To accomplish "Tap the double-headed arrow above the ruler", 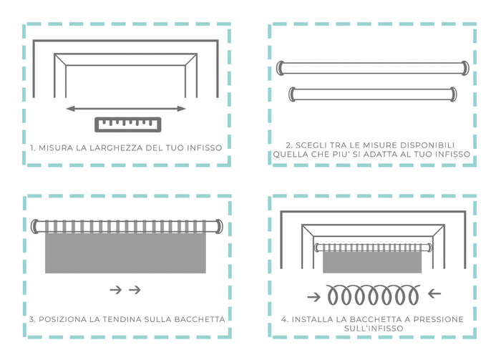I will coord(125,109).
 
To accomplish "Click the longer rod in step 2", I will coord(372,68).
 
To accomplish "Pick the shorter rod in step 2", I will coord(372,93).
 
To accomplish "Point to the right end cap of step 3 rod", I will coord(218,227).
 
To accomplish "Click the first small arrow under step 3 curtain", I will coord(115,290).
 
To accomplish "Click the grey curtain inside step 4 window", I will coord(372,262).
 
